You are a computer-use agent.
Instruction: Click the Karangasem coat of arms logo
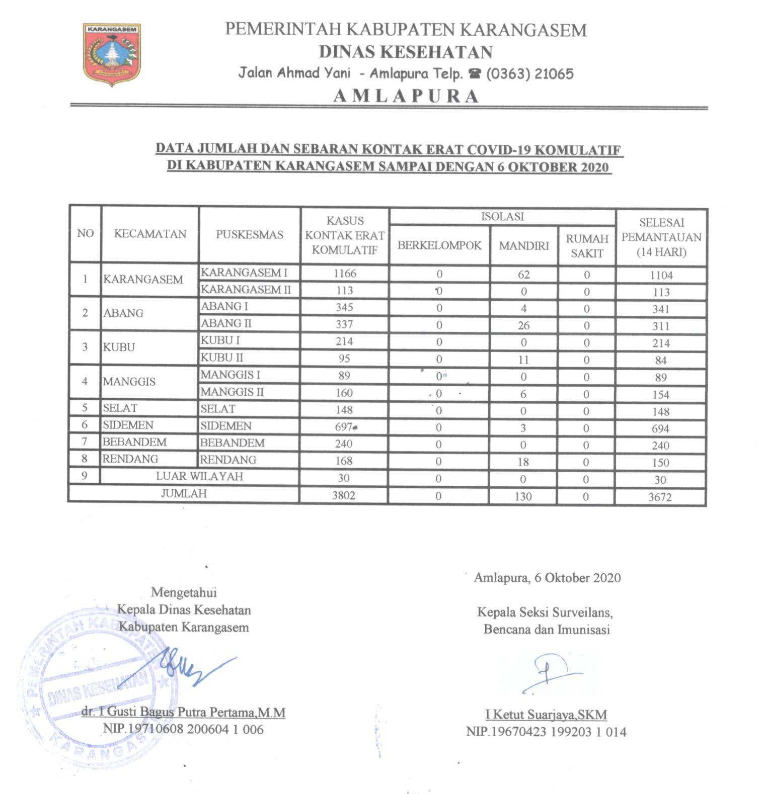(x=112, y=54)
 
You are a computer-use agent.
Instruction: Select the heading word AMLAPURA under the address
(x=406, y=96)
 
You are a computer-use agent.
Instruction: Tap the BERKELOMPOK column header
(x=439, y=245)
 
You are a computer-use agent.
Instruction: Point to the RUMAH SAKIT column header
(x=587, y=246)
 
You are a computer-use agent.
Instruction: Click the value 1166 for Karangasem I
(x=345, y=274)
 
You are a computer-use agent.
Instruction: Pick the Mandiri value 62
(x=523, y=275)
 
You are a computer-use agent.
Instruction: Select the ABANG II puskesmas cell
(x=226, y=323)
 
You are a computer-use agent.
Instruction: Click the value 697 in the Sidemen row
(x=344, y=427)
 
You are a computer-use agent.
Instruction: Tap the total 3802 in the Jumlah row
(x=344, y=495)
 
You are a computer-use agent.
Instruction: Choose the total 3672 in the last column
(x=660, y=497)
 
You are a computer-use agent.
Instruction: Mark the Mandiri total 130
(x=523, y=496)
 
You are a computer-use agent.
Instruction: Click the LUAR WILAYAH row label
(x=199, y=476)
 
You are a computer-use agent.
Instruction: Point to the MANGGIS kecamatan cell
(x=129, y=382)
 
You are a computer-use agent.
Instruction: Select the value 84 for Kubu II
(x=661, y=361)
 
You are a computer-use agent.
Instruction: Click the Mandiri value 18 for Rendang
(x=523, y=462)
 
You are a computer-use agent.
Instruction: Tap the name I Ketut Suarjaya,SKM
(x=546, y=715)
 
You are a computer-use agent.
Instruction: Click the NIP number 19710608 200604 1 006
(x=184, y=729)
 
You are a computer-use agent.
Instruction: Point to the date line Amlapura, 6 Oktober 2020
(x=548, y=578)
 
